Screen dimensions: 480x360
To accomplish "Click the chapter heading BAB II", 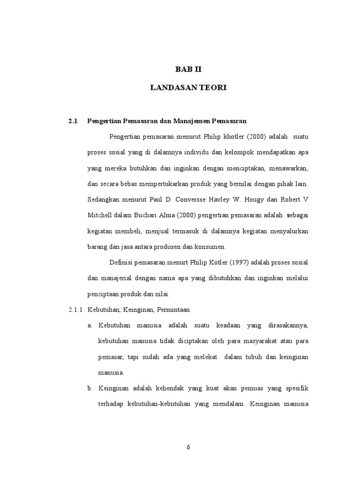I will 188,69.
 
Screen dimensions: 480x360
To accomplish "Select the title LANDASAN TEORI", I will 188,88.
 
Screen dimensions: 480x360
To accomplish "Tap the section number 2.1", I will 72,121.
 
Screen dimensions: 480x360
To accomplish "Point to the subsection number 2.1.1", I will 75,310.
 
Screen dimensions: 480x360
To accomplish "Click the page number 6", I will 188,447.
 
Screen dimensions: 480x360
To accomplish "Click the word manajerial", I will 116,278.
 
